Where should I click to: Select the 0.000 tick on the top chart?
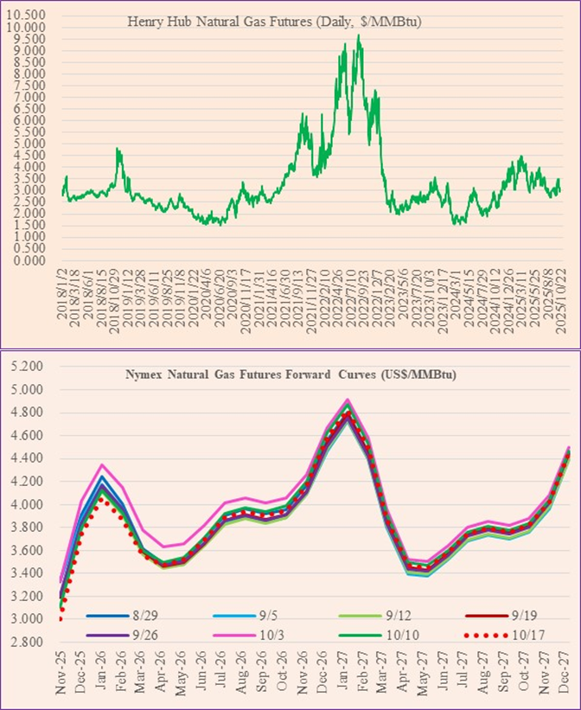pos(31,260)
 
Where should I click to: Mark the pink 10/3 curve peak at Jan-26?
pos(102,465)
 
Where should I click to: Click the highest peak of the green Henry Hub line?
pos(358,35)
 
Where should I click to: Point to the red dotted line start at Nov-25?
pos(61,618)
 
